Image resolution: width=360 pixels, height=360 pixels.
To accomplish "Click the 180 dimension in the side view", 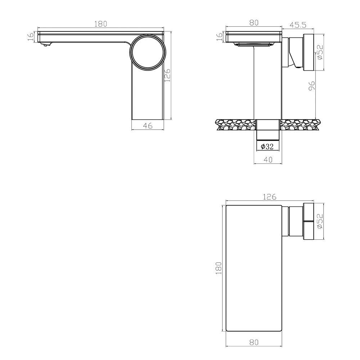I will pyautogui.click(x=101, y=24).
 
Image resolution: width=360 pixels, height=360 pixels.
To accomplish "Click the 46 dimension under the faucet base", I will pyautogui.click(x=148, y=125).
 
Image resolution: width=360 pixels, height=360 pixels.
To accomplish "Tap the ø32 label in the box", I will pyautogui.click(x=267, y=147).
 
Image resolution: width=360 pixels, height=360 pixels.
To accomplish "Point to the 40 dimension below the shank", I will pyautogui.click(x=267, y=159).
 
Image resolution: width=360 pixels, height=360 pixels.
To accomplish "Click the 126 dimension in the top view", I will pyautogui.click(x=269, y=197).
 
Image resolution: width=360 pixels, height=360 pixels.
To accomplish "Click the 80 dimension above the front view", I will pyautogui.click(x=253, y=22).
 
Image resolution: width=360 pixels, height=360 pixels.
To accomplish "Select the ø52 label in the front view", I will pyautogui.click(x=320, y=53).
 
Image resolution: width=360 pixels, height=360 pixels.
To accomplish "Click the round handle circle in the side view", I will pyautogui.click(x=148, y=51).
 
